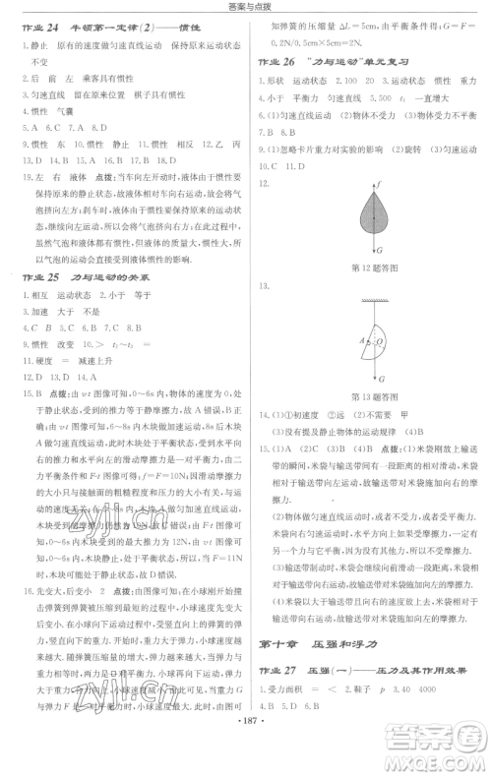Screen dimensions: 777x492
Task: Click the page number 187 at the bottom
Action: pos(245,760)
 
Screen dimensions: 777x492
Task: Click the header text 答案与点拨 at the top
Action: pos(245,7)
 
